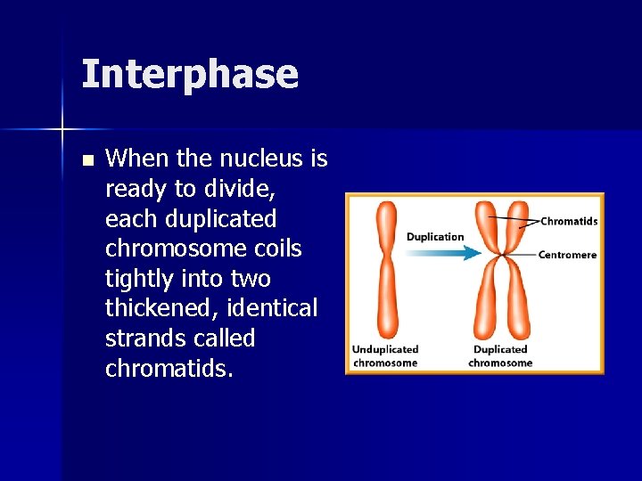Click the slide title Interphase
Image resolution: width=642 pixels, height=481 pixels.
(x=189, y=74)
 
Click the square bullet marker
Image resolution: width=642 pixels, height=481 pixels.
(x=86, y=160)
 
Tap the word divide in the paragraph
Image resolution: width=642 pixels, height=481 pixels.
(x=242, y=189)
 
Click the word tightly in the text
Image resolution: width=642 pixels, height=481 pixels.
(x=144, y=279)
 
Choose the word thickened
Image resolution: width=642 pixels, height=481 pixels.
(x=166, y=308)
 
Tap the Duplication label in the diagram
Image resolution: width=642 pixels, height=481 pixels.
(x=435, y=237)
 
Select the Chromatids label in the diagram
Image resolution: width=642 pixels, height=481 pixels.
(x=569, y=221)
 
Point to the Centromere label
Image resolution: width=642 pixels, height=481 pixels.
(x=567, y=255)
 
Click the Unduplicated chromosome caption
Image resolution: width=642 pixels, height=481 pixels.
(x=385, y=355)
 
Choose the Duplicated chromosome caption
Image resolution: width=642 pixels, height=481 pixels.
(x=500, y=355)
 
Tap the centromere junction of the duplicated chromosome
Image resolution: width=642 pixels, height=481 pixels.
(x=500, y=256)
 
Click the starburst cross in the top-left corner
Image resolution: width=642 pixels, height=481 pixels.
(x=62, y=130)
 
